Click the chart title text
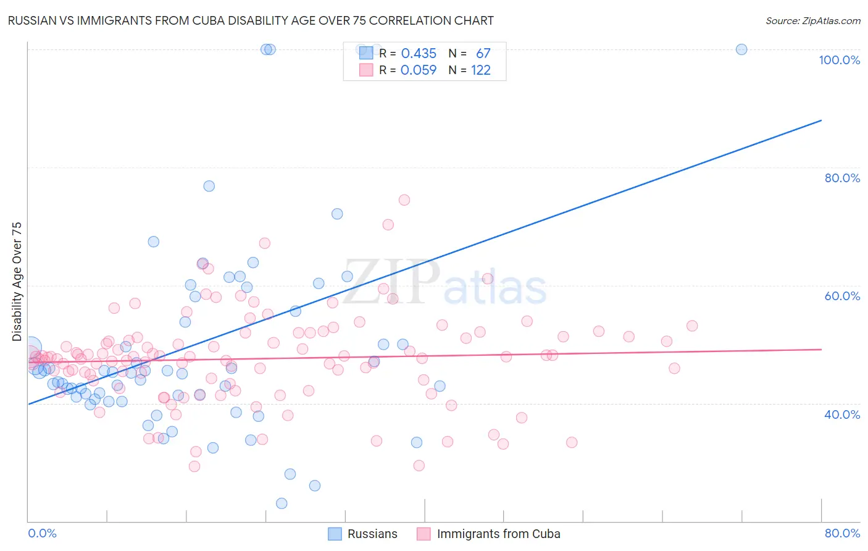click(251, 20)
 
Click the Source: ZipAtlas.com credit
click(812, 20)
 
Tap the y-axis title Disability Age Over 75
click(17, 282)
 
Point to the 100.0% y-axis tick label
click(839, 60)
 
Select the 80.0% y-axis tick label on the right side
click(842, 178)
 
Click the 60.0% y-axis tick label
click(842, 296)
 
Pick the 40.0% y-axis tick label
click(842, 414)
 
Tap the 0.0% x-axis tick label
click(42, 533)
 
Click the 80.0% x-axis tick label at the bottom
click(842, 533)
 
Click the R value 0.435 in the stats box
click(419, 54)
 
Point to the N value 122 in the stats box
click(481, 70)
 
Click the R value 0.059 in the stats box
click(419, 70)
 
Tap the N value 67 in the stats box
click(483, 54)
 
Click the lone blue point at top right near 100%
click(741, 49)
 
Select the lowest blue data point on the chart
click(282, 503)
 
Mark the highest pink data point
click(404, 200)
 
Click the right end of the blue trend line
click(821, 120)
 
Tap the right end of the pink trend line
click(821, 350)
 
